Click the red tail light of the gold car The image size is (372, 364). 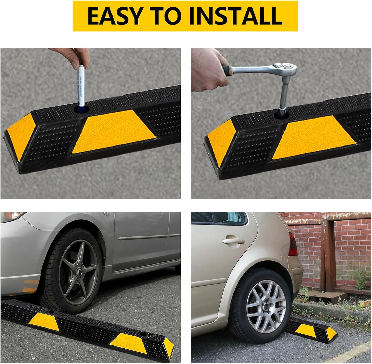pos(293,244)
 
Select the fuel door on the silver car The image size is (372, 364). pos(106,213)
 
